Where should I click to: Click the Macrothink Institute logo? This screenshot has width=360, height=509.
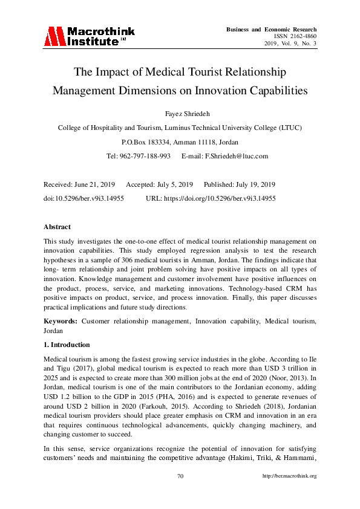point(88,36)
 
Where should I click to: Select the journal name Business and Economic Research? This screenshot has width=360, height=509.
point(271,29)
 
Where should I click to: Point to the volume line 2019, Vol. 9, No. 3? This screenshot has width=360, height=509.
point(289,44)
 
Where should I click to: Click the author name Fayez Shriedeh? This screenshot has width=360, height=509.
point(180,114)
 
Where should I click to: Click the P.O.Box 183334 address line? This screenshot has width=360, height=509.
point(180,142)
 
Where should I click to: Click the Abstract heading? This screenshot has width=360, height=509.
point(57,227)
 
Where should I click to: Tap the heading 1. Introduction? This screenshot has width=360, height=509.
point(67,345)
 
